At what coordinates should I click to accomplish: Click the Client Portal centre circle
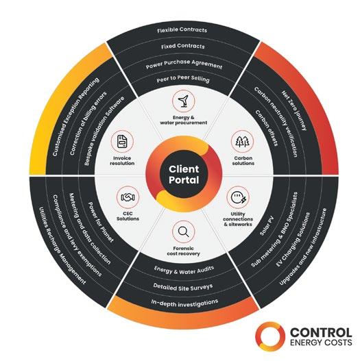coord(184,174)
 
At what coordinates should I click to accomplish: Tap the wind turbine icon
coord(184,101)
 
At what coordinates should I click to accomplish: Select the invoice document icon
coord(122,141)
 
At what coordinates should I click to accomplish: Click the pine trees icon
coord(243,141)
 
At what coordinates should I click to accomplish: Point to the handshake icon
coord(128,197)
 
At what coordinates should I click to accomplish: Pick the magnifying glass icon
coord(184,232)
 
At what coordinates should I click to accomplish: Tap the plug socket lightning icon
coord(239,197)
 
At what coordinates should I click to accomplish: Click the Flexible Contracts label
coord(182,30)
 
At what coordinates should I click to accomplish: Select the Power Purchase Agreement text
coord(184,64)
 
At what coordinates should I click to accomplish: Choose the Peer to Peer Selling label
coord(183,79)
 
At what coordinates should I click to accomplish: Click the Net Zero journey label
coord(294,110)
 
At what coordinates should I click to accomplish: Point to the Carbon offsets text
coord(267,128)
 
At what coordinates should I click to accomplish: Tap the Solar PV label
coord(267,225)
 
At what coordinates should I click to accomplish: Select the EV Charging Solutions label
coord(293,240)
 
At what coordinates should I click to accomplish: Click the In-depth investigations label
coord(184,303)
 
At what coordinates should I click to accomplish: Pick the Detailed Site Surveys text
coord(183,287)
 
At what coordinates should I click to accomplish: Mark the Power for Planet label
coord(101,223)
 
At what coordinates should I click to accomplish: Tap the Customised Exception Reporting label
coord(76,117)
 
